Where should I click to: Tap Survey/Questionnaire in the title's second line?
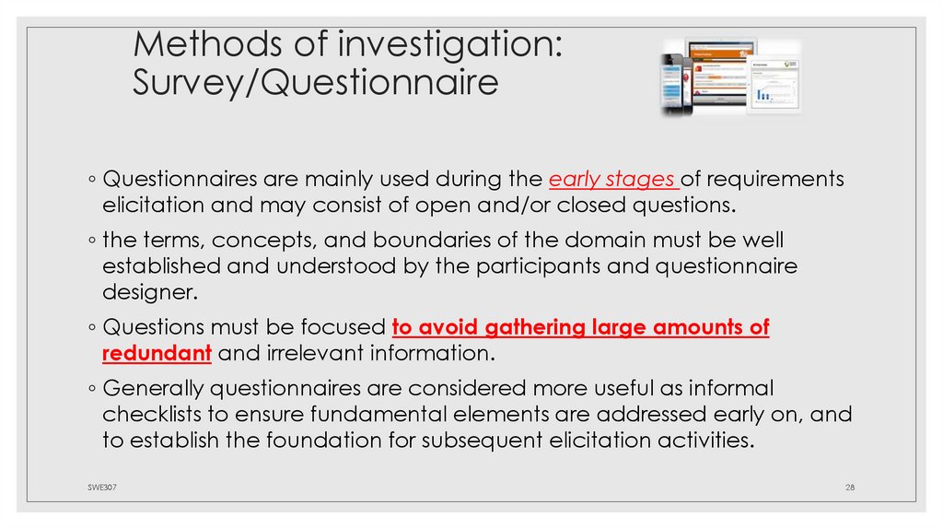coord(315,83)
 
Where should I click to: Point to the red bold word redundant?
coord(157,353)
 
